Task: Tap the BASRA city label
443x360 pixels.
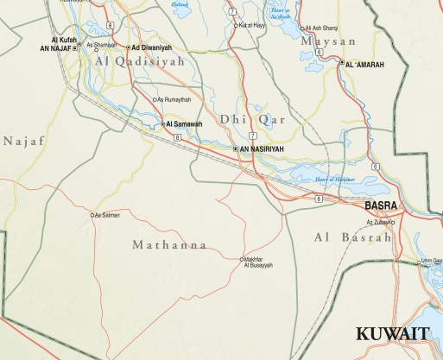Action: click(381, 205)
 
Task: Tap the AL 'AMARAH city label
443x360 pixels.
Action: click(365, 64)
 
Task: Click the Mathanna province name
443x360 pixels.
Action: click(169, 245)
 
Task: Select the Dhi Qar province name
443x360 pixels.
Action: click(245, 118)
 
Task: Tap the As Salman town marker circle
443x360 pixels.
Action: click(92, 214)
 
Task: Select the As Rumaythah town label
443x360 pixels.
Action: click(174, 99)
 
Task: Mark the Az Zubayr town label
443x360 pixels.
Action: click(377, 222)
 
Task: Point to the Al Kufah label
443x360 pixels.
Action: click(65, 40)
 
